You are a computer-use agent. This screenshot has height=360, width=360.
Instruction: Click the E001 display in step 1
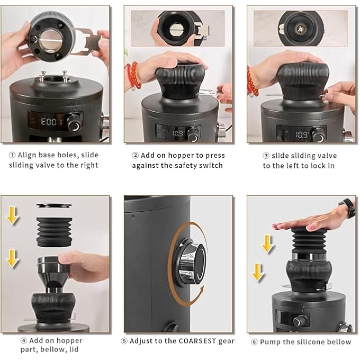[x=51, y=122]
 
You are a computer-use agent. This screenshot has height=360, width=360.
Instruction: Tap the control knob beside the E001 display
[x=75, y=123]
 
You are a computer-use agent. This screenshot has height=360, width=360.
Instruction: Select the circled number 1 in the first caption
[x=12, y=155]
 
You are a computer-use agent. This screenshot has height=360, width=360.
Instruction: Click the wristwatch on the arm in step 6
[x=348, y=208]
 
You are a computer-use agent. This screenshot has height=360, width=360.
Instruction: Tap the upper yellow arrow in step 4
[x=12, y=215]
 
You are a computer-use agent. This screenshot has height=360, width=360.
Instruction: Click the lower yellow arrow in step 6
[x=257, y=272]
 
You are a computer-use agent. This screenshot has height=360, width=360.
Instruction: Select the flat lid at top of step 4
[x=54, y=205]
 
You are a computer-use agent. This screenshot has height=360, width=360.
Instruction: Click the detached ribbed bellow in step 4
[x=54, y=232]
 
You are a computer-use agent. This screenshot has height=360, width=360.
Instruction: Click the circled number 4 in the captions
[x=24, y=340]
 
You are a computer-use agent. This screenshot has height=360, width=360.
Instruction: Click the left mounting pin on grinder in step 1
[x=42, y=76]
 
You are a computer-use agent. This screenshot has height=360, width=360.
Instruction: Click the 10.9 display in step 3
[x=301, y=135]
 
